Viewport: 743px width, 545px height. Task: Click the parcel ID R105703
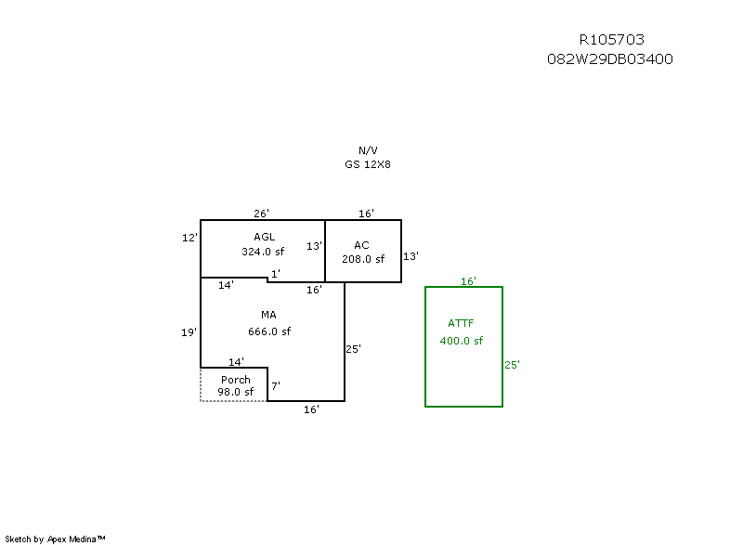pos(611,40)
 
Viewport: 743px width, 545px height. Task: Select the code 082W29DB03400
pos(610,58)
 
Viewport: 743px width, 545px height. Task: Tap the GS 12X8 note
pos(368,163)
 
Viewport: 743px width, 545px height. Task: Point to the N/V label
pos(368,150)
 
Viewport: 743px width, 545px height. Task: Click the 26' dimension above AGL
pos(263,214)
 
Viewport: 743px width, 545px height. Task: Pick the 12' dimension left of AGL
pos(189,238)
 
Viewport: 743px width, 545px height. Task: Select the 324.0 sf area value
pos(263,251)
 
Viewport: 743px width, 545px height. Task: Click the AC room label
pos(362,245)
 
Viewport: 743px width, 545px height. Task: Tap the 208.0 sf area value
pos(363,259)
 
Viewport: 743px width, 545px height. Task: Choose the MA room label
pos(268,316)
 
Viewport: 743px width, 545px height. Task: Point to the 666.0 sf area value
pos(269,331)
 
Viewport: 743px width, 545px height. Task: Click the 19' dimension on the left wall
pos(189,331)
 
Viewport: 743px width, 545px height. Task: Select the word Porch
pos(235,380)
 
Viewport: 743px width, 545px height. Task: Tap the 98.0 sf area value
pos(236,392)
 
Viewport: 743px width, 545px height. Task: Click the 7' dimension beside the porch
pos(275,385)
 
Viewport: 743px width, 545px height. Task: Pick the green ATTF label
pos(461,324)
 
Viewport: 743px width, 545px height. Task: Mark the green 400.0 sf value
pos(462,341)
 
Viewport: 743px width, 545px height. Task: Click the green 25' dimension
pos(512,365)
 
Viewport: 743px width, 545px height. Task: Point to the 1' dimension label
pos(275,273)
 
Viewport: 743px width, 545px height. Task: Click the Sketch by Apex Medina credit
pos(55,539)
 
